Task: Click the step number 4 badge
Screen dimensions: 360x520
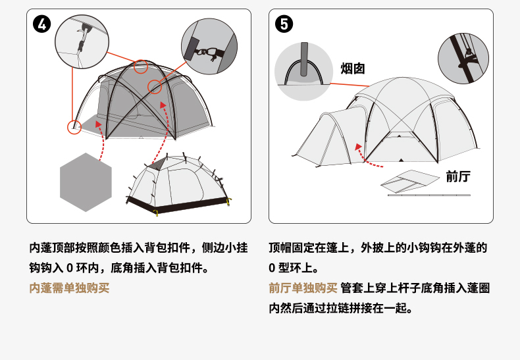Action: point(41,25)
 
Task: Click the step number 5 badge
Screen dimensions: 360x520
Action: point(284,25)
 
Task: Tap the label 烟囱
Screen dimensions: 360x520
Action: point(352,68)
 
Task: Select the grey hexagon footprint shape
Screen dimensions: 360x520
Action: point(86,182)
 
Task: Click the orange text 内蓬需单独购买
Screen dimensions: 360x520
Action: point(69,288)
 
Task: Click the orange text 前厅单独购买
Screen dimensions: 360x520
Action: point(303,288)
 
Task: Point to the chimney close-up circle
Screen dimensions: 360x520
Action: point(303,71)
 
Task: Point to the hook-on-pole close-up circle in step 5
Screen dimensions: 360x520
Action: point(463,59)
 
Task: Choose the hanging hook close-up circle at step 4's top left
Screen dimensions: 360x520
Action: point(82,41)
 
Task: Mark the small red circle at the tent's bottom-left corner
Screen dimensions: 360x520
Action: point(74,126)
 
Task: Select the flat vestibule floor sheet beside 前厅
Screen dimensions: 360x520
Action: point(411,181)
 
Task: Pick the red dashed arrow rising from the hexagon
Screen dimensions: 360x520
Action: point(101,138)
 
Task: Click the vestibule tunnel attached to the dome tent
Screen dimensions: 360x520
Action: point(326,138)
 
